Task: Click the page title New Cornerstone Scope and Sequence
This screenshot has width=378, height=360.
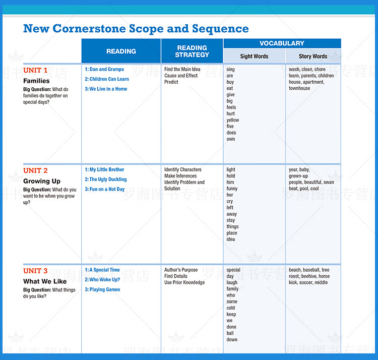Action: pyautogui.click(x=136, y=29)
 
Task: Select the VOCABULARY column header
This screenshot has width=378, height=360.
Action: pyautogui.click(x=282, y=43)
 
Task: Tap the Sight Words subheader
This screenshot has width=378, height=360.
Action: pyautogui.click(x=254, y=56)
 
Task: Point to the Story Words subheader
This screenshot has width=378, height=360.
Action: pyautogui.click(x=313, y=56)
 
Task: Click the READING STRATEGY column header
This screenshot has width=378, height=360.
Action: pyautogui.click(x=192, y=51)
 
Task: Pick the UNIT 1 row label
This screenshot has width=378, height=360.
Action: pyautogui.click(x=35, y=70)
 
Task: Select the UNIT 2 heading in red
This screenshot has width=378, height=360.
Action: pyautogui.click(x=35, y=170)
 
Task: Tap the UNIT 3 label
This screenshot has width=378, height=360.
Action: pyautogui.click(x=35, y=271)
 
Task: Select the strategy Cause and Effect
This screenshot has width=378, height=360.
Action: pyautogui.click(x=181, y=76)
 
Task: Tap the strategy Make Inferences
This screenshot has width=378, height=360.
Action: pyautogui.click(x=180, y=176)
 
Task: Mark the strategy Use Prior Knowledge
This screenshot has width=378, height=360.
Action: pyautogui.click(x=184, y=282)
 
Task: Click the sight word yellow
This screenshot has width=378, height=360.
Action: pyautogui.click(x=233, y=120)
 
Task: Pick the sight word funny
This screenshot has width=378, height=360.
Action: pyautogui.click(x=232, y=189)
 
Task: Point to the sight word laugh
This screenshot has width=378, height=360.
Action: pyautogui.click(x=232, y=282)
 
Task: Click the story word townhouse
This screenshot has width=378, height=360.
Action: pyautogui.click(x=299, y=88)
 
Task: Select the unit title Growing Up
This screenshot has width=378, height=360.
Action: pyautogui.click(x=42, y=181)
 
